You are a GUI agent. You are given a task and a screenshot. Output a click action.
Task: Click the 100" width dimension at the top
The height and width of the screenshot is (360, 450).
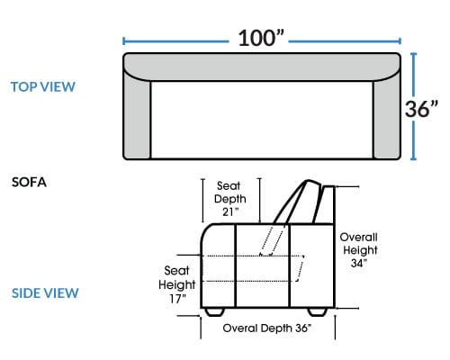(261, 38)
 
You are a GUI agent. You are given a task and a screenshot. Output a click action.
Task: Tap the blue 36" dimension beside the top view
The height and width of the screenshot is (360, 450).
(421, 108)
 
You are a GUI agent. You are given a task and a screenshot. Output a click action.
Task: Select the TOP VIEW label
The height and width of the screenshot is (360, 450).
(43, 87)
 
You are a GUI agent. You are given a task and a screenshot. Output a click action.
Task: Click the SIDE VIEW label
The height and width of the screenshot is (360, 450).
(45, 293)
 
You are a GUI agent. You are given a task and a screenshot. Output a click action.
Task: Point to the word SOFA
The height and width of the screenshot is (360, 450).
(29, 183)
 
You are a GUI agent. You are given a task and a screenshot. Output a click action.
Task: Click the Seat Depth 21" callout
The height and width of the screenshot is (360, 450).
(229, 199)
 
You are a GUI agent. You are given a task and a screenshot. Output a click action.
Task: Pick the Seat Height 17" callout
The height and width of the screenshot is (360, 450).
(177, 284)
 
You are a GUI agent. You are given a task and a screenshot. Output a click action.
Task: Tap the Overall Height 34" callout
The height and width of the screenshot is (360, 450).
(359, 250)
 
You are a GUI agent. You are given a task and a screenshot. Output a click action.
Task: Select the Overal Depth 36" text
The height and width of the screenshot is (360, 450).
(267, 328)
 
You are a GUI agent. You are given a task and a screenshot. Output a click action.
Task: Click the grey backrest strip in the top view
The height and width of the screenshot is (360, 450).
(262, 67)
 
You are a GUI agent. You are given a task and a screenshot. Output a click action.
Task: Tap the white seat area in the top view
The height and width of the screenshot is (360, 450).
(262, 120)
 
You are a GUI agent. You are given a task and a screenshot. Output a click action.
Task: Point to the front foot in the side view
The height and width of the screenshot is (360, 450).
(214, 312)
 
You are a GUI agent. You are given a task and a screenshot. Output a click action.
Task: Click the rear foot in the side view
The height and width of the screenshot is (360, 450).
(318, 312)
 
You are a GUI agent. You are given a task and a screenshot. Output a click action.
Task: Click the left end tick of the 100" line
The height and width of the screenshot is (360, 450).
(123, 41)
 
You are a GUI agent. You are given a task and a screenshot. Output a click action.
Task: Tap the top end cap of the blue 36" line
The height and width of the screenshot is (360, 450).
(414, 53)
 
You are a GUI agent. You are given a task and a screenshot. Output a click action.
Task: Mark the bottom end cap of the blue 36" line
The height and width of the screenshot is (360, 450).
(414, 159)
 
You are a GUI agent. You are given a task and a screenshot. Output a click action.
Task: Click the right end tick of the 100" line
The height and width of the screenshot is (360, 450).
(400, 41)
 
